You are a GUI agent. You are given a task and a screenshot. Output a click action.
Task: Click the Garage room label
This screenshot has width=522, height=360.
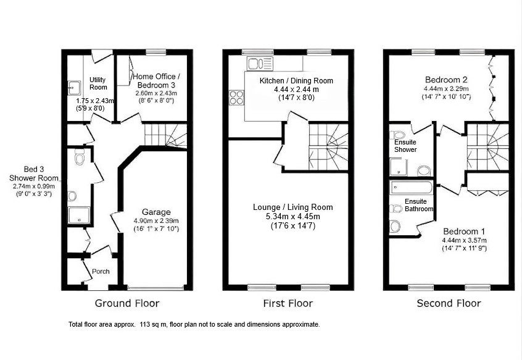[156, 212]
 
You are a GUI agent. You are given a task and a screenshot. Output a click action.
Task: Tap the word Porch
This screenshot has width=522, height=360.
[101, 272]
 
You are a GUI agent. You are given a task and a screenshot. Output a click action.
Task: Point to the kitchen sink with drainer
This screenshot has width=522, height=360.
[260, 63]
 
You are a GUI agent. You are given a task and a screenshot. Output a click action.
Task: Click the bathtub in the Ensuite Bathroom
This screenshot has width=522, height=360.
[411, 188]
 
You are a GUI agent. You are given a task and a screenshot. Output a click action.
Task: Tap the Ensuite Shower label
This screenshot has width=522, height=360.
[405, 146]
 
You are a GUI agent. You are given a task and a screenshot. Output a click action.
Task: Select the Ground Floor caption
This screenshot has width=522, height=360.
[127, 303]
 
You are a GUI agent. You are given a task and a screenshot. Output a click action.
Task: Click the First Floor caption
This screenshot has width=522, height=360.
[288, 303]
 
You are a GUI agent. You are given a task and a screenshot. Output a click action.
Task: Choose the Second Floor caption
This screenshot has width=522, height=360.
[449, 303]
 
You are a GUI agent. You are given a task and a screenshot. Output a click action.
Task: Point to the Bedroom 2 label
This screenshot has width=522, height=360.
[446, 80]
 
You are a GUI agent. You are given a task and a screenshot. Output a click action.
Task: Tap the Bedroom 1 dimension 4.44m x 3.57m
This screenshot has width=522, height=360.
[465, 240]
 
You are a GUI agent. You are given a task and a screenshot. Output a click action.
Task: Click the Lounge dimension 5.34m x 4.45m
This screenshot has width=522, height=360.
[293, 217]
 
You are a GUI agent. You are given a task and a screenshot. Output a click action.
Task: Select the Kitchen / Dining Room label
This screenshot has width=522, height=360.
[296, 81]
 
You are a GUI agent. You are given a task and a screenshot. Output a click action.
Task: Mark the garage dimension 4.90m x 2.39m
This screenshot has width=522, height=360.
[156, 221]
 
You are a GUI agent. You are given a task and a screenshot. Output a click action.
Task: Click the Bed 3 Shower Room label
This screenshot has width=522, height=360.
[33, 174]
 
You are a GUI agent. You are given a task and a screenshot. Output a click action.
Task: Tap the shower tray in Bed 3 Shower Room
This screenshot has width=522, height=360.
[79, 215]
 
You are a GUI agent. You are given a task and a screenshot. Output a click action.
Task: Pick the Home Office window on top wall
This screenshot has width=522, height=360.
[156, 52]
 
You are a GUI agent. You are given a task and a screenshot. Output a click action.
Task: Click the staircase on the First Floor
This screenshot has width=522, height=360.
[328, 147]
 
